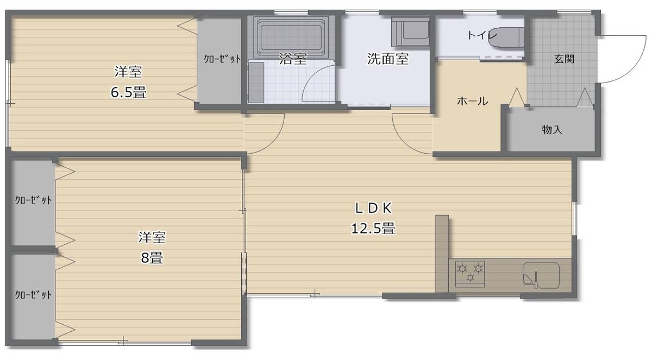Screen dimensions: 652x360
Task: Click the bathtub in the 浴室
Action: click(291, 37)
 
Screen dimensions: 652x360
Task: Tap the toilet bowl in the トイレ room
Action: click(506, 37)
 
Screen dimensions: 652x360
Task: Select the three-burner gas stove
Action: click(470, 274)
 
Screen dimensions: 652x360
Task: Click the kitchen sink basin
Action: click(541, 275)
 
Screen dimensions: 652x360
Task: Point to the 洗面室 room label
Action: click(388, 59)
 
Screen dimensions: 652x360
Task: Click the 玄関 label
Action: click(564, 59)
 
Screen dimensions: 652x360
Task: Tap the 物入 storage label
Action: click(552, 129)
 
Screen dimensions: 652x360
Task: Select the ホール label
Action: click(472, 101)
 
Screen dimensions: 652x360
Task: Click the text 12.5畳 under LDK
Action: click(373, 228)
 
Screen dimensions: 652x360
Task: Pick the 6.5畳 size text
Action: click(128, 92)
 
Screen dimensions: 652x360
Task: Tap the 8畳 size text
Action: click(152, 257)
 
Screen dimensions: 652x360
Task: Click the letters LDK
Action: click(373, 208)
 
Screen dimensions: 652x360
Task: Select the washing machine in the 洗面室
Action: click(410, 31)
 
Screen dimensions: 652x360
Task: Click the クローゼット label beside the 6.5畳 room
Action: click(222, 59)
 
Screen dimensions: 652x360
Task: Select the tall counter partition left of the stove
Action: click(442, 254)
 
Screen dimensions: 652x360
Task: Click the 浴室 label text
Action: click(293, 59)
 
